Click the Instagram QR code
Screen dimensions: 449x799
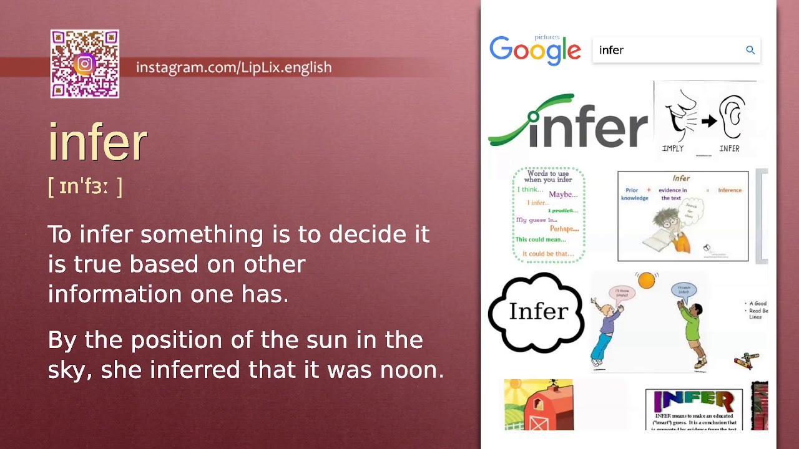[85, 64]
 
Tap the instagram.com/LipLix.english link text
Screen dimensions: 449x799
[233, 67]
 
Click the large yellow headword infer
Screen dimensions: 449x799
[98, 142]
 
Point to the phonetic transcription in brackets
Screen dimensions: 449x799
[85, 186]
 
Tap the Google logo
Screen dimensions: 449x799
[535, 49]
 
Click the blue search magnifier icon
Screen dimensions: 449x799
[750, 50]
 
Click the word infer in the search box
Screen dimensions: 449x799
[611, 51]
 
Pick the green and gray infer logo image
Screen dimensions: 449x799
[568, 122]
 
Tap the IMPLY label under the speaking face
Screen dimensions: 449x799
[673, 148]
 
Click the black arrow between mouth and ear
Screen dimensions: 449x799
[708, 121]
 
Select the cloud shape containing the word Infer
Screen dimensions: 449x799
[536, 312]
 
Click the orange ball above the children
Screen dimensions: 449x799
[646, 281]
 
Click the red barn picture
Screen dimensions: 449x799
[538, 405]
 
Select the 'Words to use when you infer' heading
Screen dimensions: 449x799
[549, 176]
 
